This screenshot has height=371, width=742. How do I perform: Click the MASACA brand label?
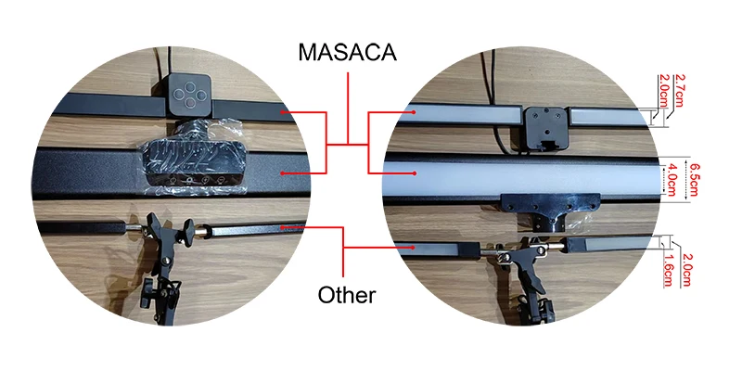pos(347,51)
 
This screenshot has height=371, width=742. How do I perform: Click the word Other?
pos(346,295)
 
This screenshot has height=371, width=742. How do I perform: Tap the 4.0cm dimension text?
pos(672,176)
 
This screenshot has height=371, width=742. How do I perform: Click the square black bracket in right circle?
pos(544,125)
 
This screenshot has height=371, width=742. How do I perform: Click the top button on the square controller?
pos(190,83)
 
